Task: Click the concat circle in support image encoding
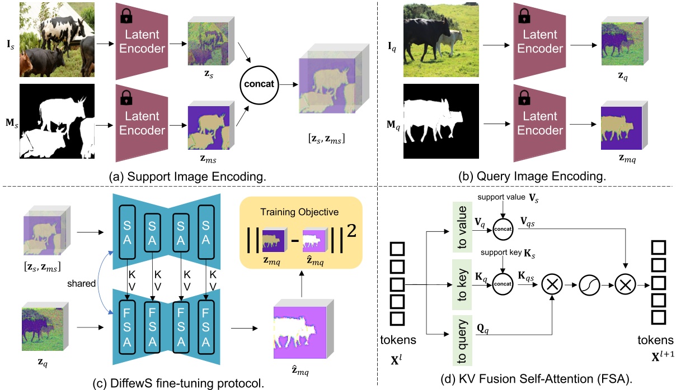259,85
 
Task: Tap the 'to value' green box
462,227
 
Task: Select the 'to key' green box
462,284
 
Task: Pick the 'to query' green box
462,341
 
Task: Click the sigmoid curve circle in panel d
589,285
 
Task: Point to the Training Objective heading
299,212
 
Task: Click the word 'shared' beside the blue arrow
81,283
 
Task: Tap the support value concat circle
503,229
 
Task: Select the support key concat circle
503,284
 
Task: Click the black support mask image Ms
57,121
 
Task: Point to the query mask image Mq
441,121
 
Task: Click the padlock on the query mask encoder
524,97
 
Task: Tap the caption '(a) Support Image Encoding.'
187,177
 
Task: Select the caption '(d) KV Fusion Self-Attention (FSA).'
536,379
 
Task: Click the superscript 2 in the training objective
351,231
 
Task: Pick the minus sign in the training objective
294,240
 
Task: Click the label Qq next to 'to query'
482,329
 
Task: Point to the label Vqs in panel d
528,222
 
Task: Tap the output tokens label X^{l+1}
663,356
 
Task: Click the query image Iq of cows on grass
441,40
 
